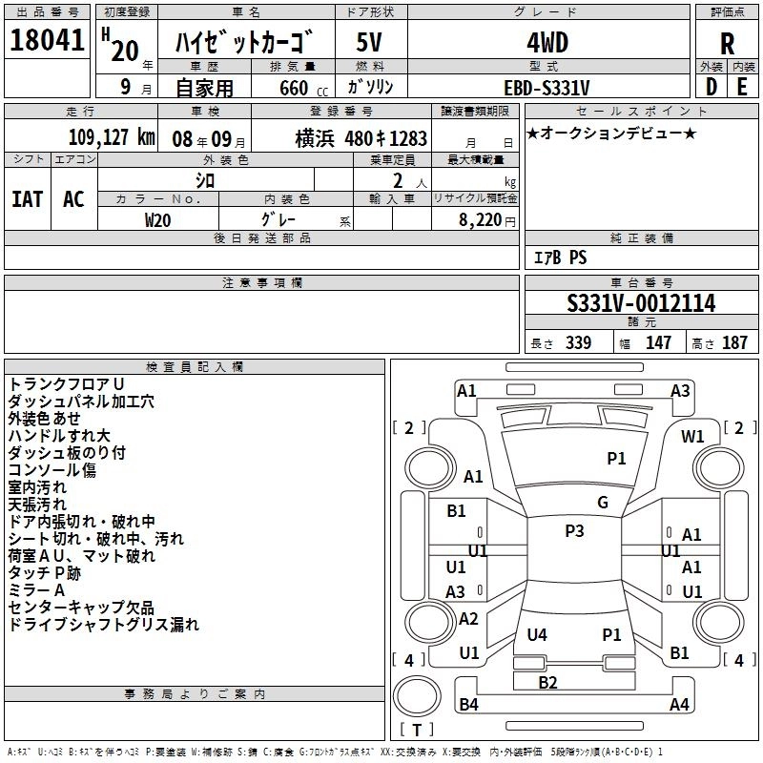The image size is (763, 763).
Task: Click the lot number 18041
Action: click(x=46, y=42)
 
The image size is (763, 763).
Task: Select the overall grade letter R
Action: click(x=727, y=43)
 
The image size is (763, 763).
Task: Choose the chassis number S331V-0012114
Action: click(x=641, y=303)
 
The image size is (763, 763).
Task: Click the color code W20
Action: click(x=158, y=219)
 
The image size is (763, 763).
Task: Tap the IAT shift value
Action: click(x=27, y=198)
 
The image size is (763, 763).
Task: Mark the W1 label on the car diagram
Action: click(x=692, y=437)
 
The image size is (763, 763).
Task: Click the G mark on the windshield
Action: click(x=603, y=503)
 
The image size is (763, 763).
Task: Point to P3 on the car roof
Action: click(x=574, y=531)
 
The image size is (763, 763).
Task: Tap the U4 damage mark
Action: click(x=537, y=634)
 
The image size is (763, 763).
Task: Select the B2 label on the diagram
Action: click(x=547, y=682)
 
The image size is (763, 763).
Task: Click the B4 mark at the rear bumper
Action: click(x=468, y=705)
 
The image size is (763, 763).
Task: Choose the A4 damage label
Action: click(x=679, y=705)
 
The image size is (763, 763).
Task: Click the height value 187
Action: click(x=734, y=342)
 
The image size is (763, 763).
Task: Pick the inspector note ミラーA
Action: click(x=36, y=590)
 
